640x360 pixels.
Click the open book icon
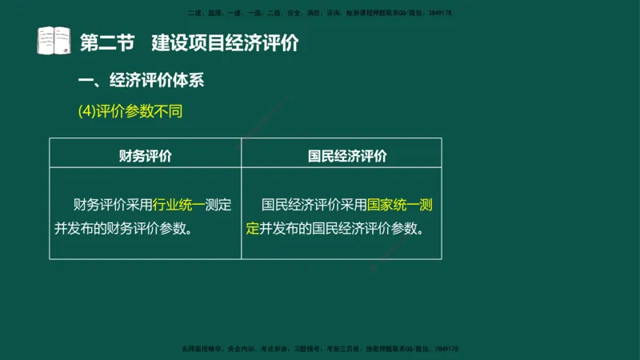click(x=54, y=42)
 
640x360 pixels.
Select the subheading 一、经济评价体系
click(x=146, y=81)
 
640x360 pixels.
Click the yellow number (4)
click(x=86, y=111)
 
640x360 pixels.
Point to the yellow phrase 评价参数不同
click(x=139, y=111)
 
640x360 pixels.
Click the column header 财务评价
click(x=145, y=155)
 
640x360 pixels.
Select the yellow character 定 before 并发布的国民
click(x=253, y=228)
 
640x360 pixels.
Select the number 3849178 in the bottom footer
click(x=442, y=349)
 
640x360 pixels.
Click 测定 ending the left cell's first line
click(x=218, y=205)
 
